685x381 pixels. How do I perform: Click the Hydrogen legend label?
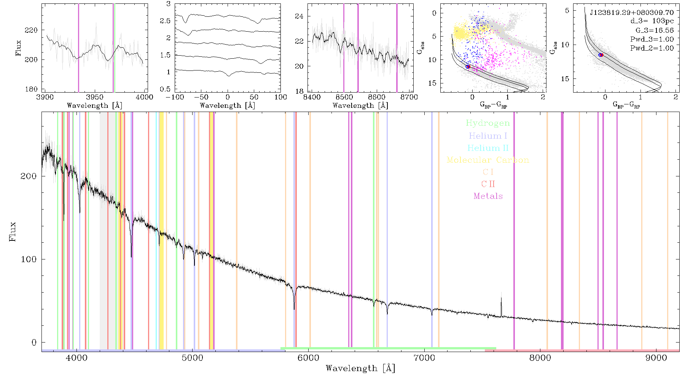(487, 123)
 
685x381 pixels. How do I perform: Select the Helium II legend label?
(488, 148)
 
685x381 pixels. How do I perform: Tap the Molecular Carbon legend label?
(488, 160)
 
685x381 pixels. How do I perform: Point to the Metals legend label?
(488, 196)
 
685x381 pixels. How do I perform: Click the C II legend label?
(488, 184)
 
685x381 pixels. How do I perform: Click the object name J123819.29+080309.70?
(632, 13)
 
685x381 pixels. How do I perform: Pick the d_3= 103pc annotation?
(652, 21)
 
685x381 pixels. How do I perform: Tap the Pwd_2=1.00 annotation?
(652, 48)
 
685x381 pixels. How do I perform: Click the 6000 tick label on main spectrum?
(308, 358)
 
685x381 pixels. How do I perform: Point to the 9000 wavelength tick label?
(656, 358)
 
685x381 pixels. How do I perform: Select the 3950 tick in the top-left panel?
(95, 97)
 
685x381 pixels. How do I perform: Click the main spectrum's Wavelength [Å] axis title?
(360, 368)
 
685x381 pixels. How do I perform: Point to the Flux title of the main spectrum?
(13, 231)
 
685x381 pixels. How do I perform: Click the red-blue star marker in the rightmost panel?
(601, 55)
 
